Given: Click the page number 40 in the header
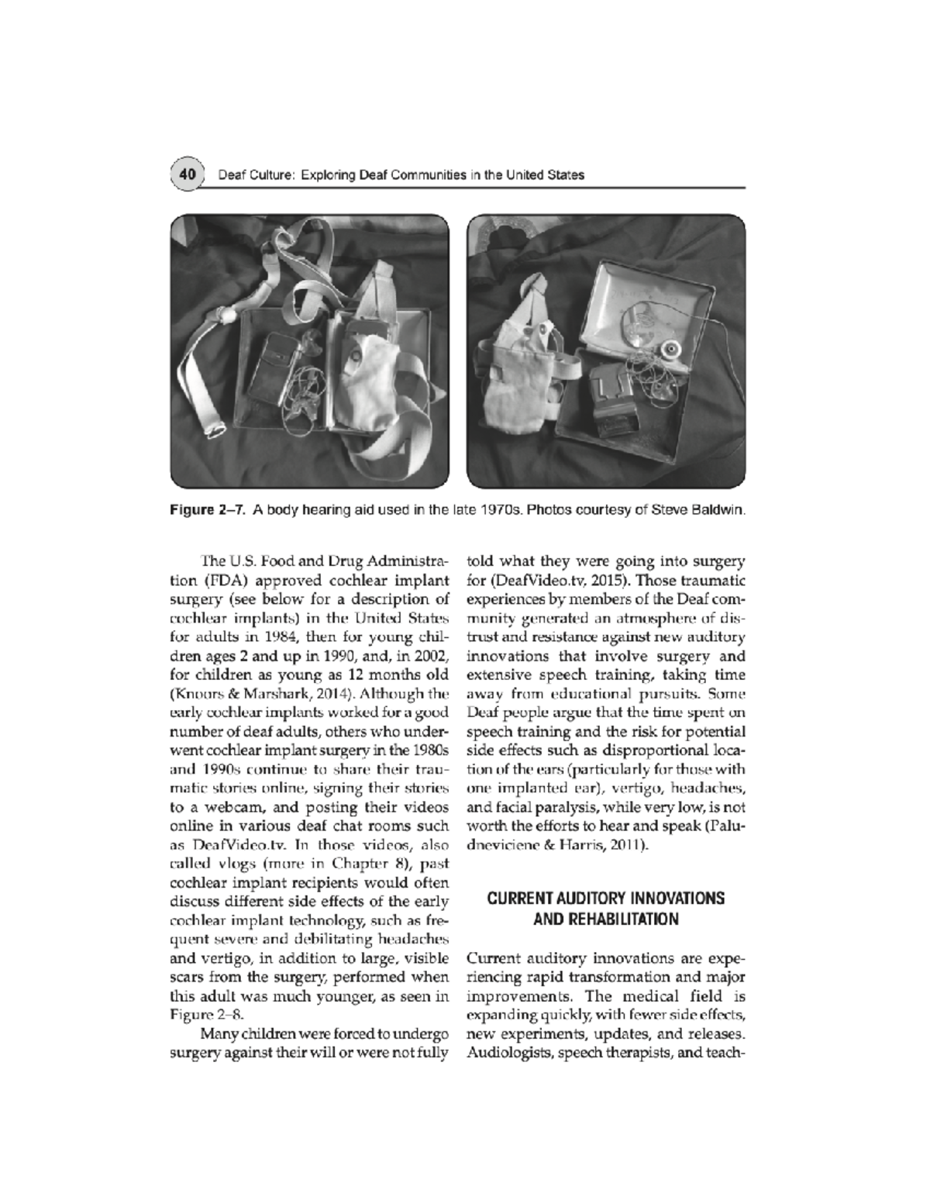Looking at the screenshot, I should click(186, 174).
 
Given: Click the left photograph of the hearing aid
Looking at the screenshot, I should click(309, 350).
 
